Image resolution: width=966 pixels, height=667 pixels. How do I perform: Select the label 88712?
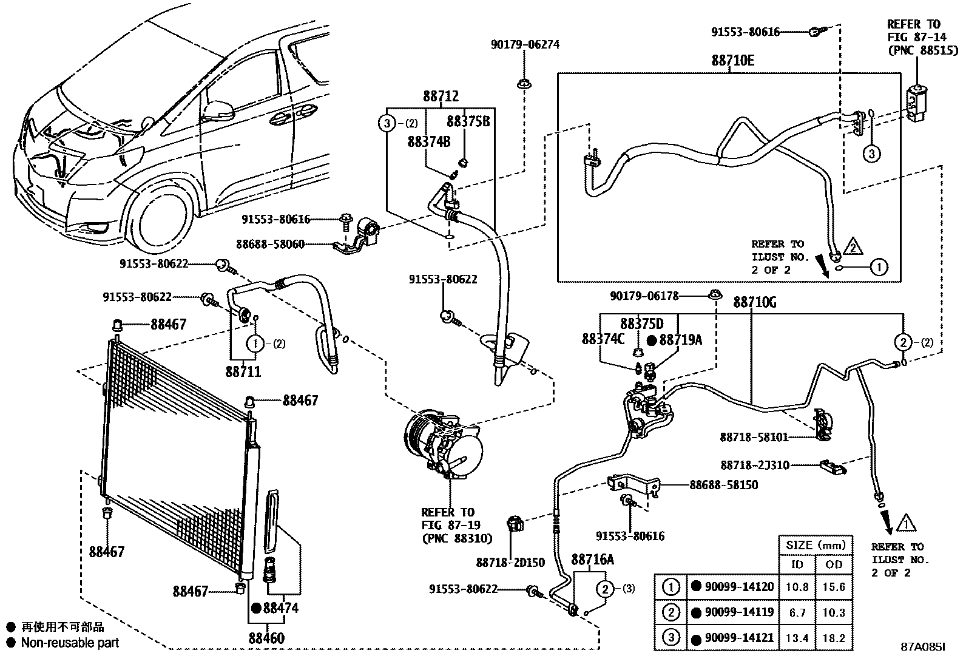point(441,96)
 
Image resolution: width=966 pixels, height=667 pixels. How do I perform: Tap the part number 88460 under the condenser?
point(266,638)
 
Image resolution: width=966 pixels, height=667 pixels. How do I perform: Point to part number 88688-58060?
point(270,245)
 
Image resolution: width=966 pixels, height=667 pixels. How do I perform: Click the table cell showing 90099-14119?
point(738,612)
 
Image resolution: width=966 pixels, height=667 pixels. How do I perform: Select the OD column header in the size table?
point(834,564)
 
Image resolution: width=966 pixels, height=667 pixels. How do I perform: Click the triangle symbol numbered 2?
point(853,247)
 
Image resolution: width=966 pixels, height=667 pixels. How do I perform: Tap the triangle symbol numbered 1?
point(905,522)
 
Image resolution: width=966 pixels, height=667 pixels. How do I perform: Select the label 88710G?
point(754,302)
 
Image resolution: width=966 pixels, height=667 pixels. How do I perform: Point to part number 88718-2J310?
point(755,465)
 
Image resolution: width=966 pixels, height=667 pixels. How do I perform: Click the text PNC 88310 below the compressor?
point(456,538)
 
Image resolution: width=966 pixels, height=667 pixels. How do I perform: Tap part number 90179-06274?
point(525,44)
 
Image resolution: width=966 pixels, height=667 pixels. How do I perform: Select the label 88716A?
point(592,559)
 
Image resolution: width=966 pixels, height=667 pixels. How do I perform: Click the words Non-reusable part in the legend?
point(70,642)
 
